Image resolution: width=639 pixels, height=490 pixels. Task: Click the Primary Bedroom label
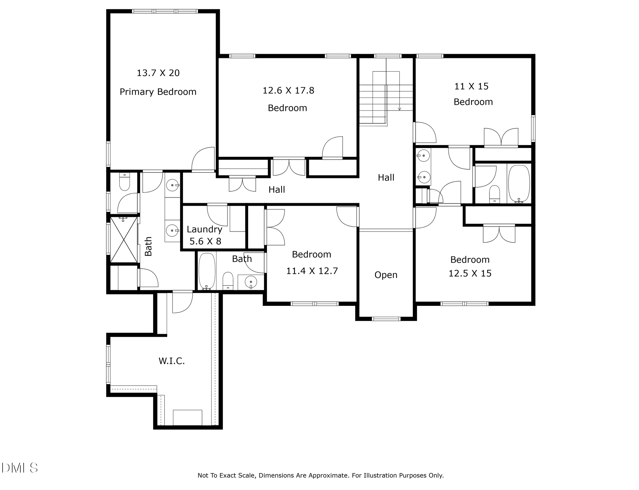pyautogui.click(x=158, y=92)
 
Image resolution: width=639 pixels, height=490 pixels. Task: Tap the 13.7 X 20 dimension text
pyautogui.click(x=158, y=73)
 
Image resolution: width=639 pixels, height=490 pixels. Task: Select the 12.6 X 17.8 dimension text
pyautogui.click(x=288, y=90)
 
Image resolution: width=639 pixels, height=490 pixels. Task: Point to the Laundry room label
pyautogui.click(x=204, y=229)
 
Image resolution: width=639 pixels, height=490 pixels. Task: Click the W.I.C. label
pyautogui.click(x=171, y=361)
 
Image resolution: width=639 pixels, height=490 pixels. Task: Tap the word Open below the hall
pyautogui.click(x=386, y=275)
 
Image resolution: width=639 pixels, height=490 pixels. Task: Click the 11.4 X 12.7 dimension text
pyautogui.click(x=312, y=271)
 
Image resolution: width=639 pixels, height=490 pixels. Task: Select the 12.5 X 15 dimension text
pyautogui.click(x=470, y=273)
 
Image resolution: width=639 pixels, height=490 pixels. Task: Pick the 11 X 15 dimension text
pyautogui.click(x=471, y=86)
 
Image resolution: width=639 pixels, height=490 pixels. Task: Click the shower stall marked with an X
pyautogui.click(x=124, y=240)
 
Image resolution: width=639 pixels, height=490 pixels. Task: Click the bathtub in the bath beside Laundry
pyautogui.click(x=207, y=271)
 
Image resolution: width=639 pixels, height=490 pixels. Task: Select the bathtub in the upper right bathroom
pyautogui.click(x=519, y=184)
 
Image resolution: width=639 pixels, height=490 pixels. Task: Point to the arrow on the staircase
pyautogui.click(x=399, y=108)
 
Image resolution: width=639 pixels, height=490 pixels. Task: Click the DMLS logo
pyautogui.click(x=19, y=468)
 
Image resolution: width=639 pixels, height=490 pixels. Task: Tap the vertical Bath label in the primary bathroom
pyautogui.click(x=148, y=246)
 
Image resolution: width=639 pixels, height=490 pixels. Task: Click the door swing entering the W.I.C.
pyautogui.click(x=182, y=303)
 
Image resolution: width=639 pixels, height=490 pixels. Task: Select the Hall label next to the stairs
pyautogui.click(x=386, y=177)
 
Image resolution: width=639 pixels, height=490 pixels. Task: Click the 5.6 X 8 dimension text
pyautogui.click(x=205, y=241)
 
